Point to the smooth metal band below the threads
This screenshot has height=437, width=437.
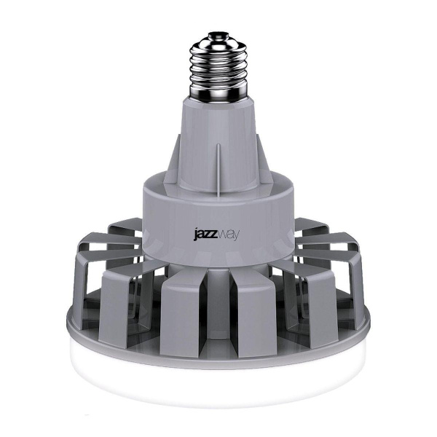[x=216, y=95]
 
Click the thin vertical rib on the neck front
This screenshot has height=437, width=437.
[x=218, y=164]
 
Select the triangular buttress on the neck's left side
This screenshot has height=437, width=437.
[x=169, y=157]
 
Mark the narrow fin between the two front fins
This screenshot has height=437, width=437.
[x=219, y=306]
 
